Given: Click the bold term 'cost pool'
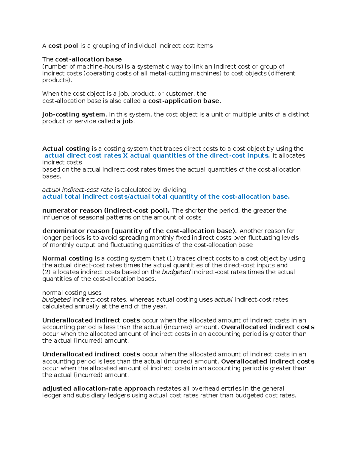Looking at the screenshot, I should (x=63, y=46).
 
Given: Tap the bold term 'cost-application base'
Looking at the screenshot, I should (x=184, y=101).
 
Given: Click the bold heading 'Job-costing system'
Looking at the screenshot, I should (x=73, y=115).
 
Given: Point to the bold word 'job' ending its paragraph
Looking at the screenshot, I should (x=127, y=122).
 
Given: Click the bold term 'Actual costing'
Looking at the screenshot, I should (x=66, y=149).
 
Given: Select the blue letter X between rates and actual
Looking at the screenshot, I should (x=125, y=156).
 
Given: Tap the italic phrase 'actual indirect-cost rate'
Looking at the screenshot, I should (x=77, y=190).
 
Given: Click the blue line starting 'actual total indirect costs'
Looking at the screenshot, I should (x=166, y=197).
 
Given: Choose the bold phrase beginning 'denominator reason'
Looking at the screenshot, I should (x=139, y=231).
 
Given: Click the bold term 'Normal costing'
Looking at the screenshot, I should (x=67, y=259).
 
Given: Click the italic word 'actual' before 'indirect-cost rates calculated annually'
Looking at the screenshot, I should (x=223, y=300).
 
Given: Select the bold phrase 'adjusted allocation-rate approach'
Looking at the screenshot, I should (x=99, y=389).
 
